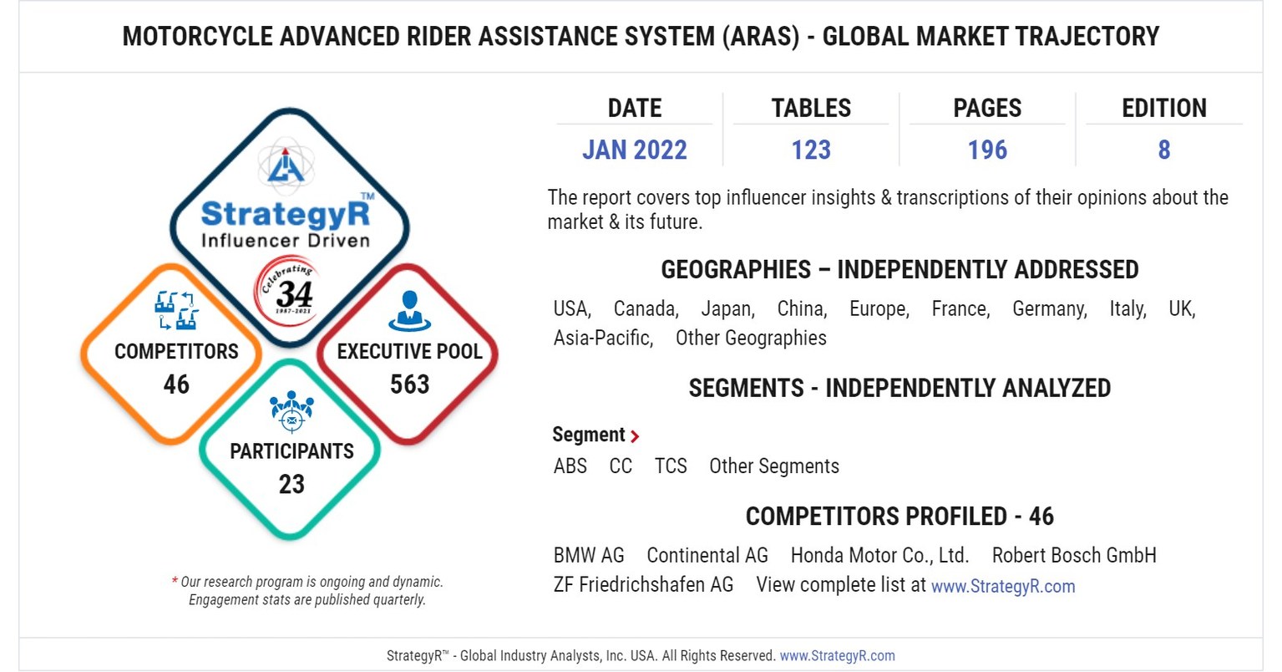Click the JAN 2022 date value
point(634,150)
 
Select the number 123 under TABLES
point(811,150)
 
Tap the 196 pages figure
point(987,150)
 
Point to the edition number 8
point(1163,150)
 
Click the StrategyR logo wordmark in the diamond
point(286,214)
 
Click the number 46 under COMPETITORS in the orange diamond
point(176,384)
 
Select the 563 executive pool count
point(409,384)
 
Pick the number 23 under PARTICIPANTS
point(291,484)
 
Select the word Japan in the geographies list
point(727,309)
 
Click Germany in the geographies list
point(1049,309)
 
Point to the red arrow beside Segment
point(636,436)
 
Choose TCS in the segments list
point(671,466)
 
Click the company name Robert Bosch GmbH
point(1074,555)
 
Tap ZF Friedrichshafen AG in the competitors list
point(643,585)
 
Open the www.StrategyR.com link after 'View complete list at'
point(1003,587)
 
